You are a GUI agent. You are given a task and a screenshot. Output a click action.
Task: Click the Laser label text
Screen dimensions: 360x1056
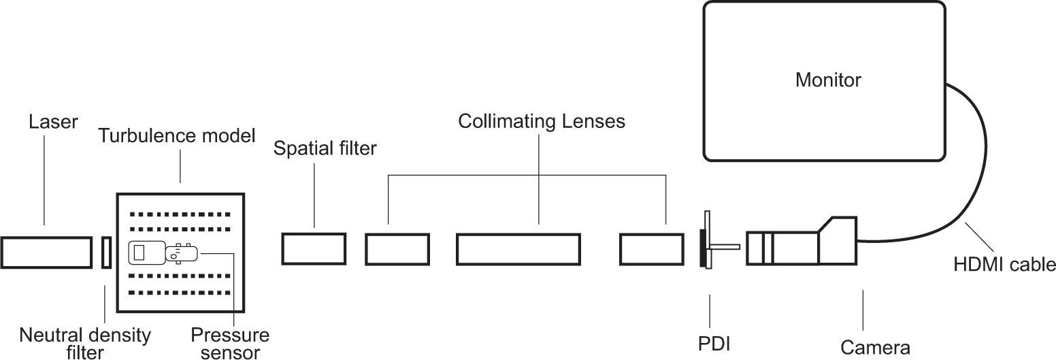(x=53, y=122)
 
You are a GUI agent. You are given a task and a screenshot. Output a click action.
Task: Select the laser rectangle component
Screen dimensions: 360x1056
(x=46, y=252)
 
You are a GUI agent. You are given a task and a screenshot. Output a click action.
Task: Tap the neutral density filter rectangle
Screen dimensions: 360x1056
(x=105, y=252)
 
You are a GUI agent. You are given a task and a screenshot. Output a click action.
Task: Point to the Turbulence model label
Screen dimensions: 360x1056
(x=177, y=135)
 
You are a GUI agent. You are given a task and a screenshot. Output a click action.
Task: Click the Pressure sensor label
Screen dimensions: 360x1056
(x=230, y=343)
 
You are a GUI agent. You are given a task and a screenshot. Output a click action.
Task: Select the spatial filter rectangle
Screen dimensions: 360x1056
(x=314, y=248)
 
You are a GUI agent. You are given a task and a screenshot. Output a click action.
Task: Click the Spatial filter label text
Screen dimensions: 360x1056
(x=325, y=148)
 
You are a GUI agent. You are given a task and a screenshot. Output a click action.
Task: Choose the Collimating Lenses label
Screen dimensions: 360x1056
(x=541, y=122)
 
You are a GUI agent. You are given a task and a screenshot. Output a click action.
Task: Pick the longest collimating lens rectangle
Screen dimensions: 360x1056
(x=518, y=248)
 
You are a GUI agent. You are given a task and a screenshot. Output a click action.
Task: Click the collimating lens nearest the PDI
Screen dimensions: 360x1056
(x=651, y=248)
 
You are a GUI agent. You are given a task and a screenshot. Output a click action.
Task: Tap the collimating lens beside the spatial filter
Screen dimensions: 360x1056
(x=397, y=248)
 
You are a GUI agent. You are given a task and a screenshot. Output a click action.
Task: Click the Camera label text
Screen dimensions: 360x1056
(x=875, y=348)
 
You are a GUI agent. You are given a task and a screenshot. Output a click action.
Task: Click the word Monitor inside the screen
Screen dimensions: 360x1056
(x=828, y=80)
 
